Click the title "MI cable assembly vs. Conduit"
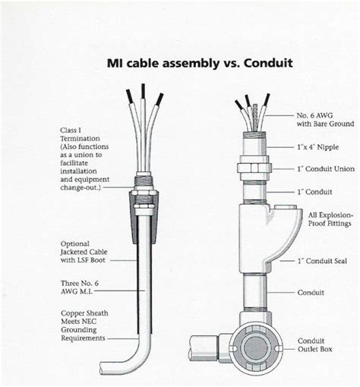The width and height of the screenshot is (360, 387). click(x=200, y=63)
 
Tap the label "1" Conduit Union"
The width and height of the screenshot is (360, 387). click(x=326, y=169)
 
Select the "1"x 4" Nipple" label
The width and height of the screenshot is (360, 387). click(x=318, y=147)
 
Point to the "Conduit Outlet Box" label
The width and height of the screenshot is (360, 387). click(x=314, y=345)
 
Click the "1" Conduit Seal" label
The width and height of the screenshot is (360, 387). click(x=322, y=261)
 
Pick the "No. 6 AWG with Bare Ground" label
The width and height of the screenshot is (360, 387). click(x=325, y=120)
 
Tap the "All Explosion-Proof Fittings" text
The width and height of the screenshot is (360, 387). click(x=330, y=219)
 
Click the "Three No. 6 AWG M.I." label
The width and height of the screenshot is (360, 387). click(x=80, y=287)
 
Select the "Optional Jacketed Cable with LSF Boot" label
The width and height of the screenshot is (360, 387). click(x=84, y=252)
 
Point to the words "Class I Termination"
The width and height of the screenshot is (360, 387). click(x=80, y=134)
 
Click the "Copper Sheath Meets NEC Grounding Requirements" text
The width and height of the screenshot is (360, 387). click(x=84, y=326)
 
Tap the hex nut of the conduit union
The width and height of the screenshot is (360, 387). click(x=254, y=167)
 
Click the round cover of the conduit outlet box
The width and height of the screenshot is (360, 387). click(x=255, y=348)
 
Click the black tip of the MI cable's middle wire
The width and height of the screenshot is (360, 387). click(x=144, y=91)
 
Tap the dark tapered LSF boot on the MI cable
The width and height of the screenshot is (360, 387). click(x=144, y=217)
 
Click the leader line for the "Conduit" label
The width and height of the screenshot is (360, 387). click(x=281, y=293)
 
